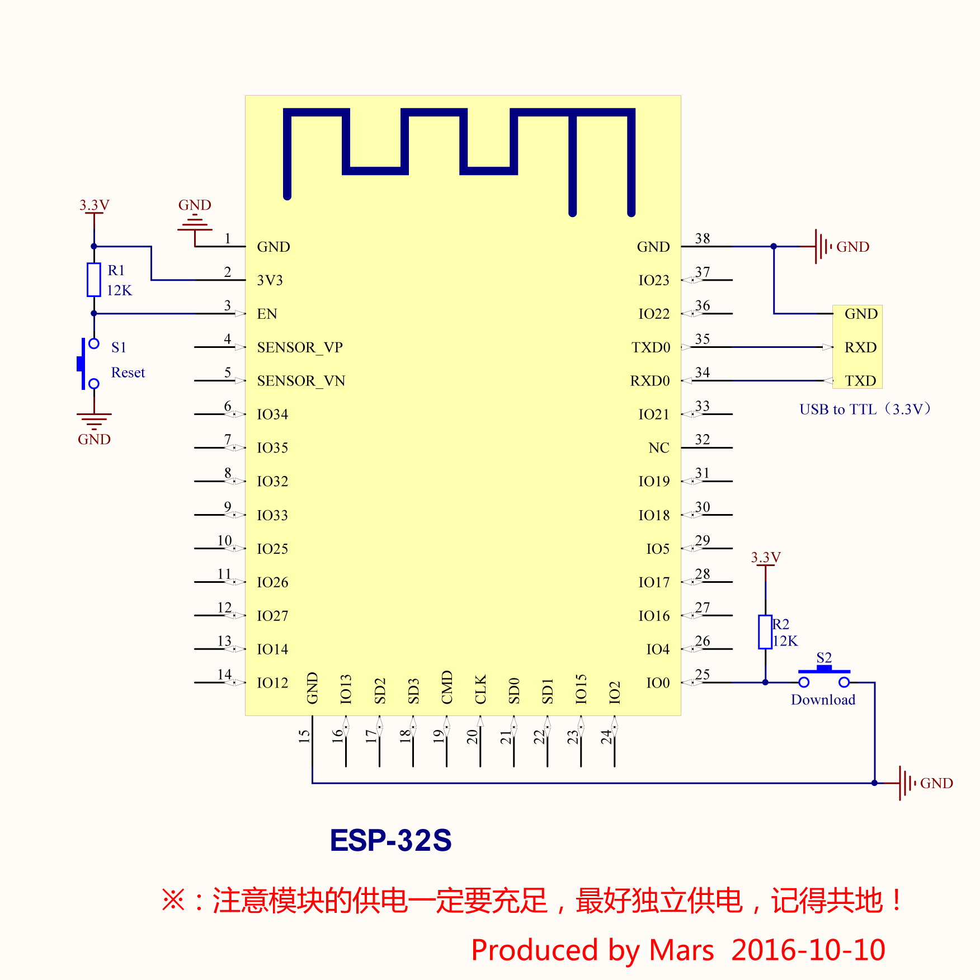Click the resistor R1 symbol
94,280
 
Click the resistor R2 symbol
765,632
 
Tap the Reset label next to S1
128,373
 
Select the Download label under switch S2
823,700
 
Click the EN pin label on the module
267,314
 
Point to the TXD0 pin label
651,347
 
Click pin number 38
703,239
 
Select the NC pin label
659,448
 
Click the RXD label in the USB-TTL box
860,347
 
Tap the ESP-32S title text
390,840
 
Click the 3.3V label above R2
765,557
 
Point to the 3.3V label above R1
94,205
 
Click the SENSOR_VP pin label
300,347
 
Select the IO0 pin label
658,683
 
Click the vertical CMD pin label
447,687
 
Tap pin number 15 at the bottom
304,736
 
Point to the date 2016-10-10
808,950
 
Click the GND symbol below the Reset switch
94,420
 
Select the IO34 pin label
272,414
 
